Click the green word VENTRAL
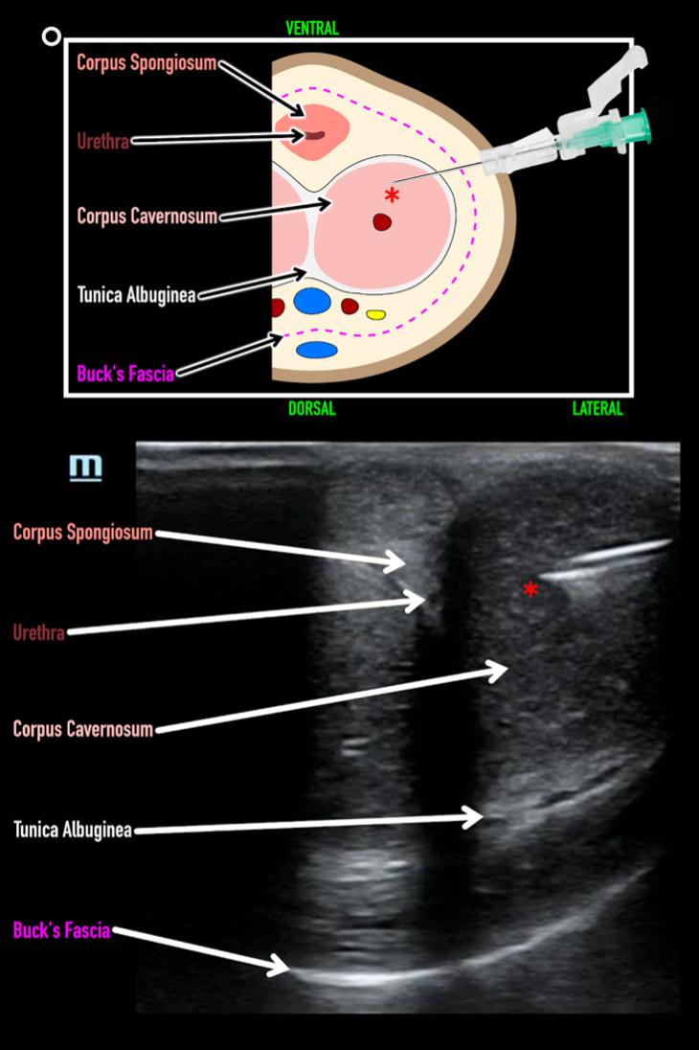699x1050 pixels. tap(312, 28)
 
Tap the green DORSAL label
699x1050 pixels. tap(312, 409)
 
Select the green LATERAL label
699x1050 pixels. tap(598, 409)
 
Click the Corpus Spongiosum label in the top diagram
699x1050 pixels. tap(147, 63)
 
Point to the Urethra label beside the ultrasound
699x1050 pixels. tap(39, 632)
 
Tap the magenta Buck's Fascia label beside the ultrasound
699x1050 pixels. tap(61, 929)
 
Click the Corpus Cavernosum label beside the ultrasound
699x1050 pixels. tap(82, 729)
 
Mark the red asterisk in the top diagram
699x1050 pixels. tap(392, 196)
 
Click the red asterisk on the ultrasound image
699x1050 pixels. tap(530, 589)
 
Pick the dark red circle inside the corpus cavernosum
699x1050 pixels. tap(382, 222)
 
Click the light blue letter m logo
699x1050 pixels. tap(85, 467)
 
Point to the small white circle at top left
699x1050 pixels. tap(52, 37)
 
